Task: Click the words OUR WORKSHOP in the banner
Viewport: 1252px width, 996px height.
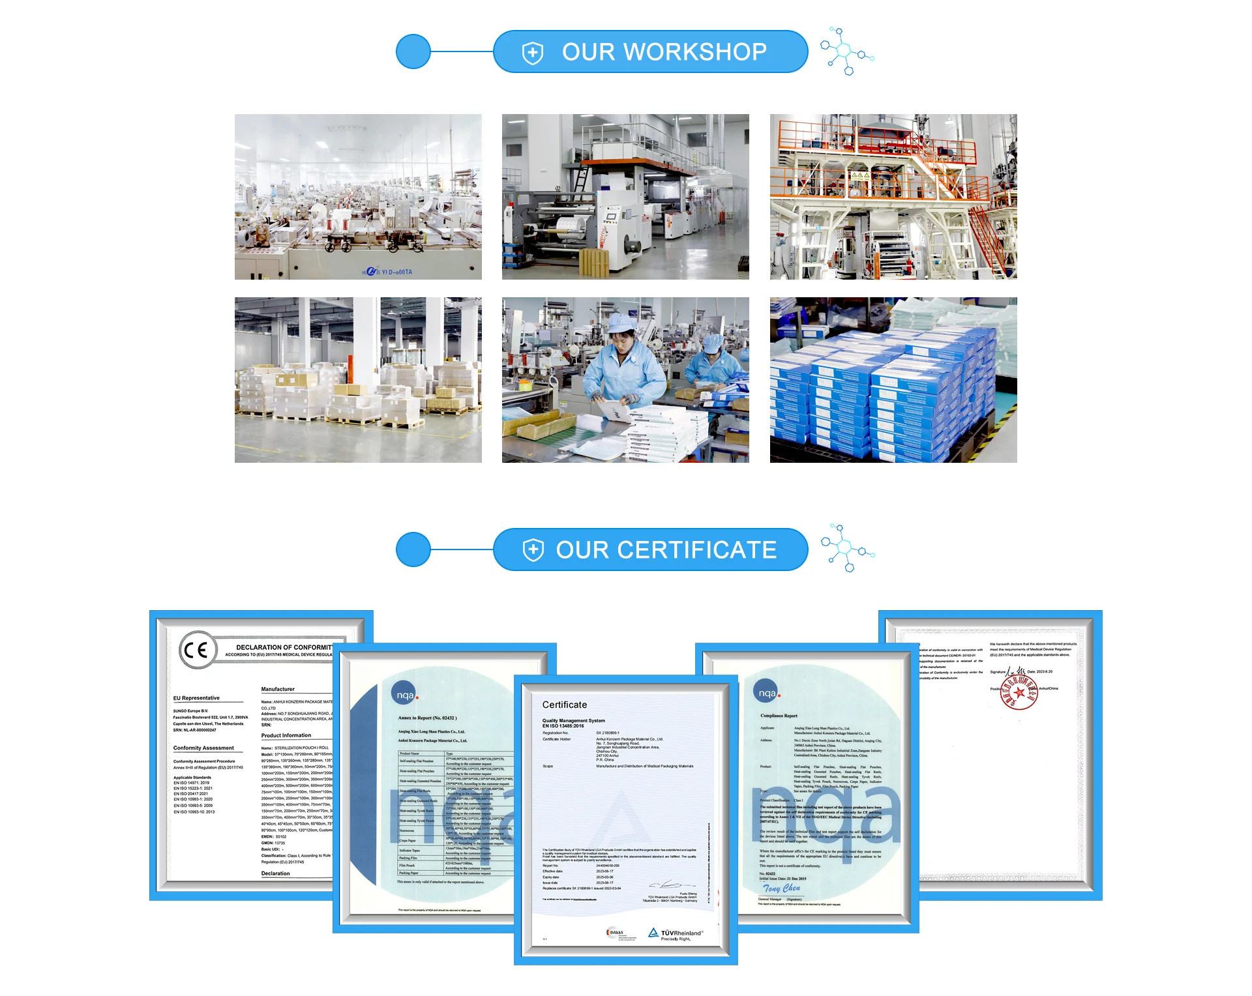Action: [664, 52]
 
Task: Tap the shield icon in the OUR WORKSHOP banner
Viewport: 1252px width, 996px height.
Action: [533, 53]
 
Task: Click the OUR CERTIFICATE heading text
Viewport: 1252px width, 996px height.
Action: [666, 550]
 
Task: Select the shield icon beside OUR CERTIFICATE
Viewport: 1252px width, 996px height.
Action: [533, 550]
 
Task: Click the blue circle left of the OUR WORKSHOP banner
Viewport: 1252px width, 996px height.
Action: [413, 51]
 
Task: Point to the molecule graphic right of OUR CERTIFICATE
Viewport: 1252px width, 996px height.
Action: [846, 548]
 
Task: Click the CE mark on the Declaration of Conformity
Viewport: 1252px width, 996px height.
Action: [196, 650]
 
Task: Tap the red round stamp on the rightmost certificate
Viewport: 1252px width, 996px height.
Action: [1019, 692]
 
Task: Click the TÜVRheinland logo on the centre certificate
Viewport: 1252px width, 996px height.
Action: [676, 934]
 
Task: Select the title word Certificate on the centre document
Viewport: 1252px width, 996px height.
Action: [565, 705]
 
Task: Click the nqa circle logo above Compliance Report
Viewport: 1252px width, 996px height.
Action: [766, 692]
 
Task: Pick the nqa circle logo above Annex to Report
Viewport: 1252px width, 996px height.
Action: [405, 695]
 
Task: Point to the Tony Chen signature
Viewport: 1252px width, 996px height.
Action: [781, 888]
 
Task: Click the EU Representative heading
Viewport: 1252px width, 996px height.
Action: [196, 698]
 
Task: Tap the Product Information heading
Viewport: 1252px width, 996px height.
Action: [286, 735]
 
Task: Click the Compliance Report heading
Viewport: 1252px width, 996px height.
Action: [779, 716]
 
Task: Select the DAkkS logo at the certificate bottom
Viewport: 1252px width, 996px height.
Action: [615, 933]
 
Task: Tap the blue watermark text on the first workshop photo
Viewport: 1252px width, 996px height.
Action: [389, 271]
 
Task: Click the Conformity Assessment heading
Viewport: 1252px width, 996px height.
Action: [203, 748]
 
